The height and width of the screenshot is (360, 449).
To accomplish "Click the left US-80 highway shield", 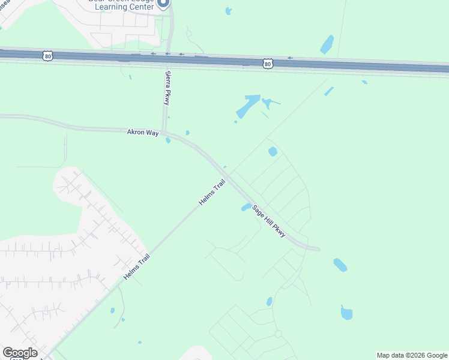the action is pos(48,56).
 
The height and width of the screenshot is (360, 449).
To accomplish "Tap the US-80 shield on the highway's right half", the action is pos(268,62).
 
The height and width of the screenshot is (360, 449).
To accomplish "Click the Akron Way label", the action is pos(142,132).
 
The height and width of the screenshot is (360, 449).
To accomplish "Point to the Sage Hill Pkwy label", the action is pos(269,220).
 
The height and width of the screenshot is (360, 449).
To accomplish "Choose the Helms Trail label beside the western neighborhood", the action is pos(136,267).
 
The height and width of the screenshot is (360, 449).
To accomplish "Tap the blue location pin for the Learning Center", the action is pos(163,4).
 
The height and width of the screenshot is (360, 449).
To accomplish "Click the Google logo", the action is pos(20,353).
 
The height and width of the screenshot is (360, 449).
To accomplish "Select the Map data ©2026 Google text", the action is pos(412,355).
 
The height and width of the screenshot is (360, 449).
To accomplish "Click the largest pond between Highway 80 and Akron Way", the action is pos(249,106).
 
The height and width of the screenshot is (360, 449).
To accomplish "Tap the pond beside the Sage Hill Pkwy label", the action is pos(246,207).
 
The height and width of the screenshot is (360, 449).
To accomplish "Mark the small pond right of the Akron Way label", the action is pos(168,140).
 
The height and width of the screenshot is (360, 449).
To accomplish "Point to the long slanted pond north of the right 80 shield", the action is pos(327,44).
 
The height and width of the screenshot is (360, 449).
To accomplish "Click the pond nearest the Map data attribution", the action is pos(346,313).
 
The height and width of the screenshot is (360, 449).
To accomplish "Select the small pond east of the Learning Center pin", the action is pos(228,11).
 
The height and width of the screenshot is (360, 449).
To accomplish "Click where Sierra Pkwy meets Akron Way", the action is pos(164,131).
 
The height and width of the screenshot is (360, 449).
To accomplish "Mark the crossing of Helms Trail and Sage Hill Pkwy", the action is pos(228,180).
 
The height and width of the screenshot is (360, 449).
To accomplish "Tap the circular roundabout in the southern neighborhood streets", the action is pos(278,334).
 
